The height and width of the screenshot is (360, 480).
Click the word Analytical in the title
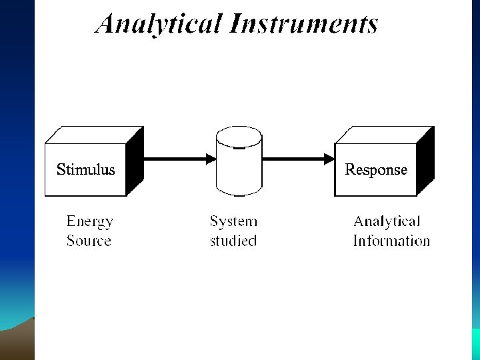point(158,25)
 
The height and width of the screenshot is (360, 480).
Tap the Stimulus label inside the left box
point(85,169)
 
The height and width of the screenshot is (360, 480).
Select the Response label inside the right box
point(375,169)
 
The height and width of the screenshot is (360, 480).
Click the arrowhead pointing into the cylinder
point(211,159)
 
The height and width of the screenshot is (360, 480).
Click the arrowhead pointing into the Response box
point(329,159)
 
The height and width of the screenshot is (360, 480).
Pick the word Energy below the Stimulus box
point(90,222)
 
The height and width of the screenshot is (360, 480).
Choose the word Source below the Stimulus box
point(89,241)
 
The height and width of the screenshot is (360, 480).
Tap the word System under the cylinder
point(233,221)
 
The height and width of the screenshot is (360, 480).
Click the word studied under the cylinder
point(233,241)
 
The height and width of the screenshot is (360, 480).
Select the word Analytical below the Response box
point(387,221)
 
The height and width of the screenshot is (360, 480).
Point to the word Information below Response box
point(391,241)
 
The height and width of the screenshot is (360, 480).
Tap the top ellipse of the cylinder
point(239,137)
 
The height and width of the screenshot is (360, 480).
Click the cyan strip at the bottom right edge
point(476,343)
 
